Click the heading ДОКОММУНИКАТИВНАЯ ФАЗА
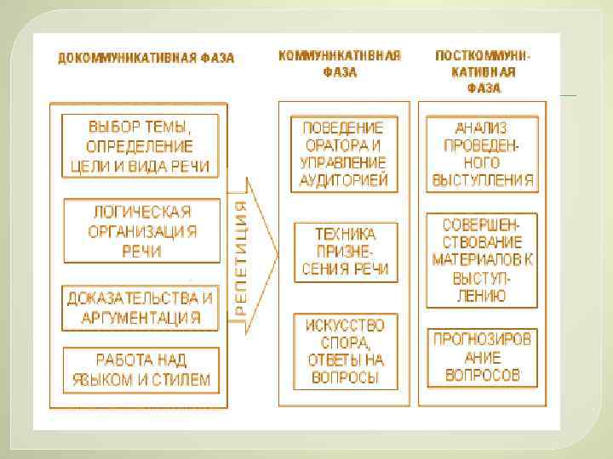[146, 59]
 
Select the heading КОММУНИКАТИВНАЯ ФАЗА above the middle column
[340, 64]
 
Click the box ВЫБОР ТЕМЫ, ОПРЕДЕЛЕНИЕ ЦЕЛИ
[140, 145]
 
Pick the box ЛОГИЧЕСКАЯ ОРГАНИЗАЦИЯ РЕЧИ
[140, 230]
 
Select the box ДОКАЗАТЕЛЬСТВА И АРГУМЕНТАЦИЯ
[140, 308]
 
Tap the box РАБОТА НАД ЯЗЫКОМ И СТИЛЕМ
[140, 370]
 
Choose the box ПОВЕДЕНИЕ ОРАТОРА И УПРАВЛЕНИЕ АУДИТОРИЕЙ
[344, 153]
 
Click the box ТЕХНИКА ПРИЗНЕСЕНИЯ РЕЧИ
[345, 252]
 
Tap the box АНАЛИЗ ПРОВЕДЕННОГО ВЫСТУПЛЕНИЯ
[482, 153]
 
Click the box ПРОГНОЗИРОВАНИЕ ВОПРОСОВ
[482, 356]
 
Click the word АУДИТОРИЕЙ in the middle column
[344, 180]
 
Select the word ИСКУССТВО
[344, 325]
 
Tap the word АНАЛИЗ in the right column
[482, 127]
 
